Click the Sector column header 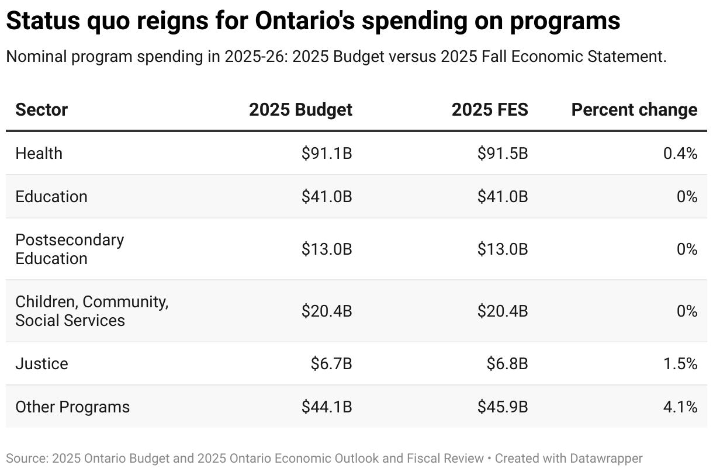41,110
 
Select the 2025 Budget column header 300,110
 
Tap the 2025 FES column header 489,110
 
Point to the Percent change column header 634,110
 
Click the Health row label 39,153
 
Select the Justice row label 41,363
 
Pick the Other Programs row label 72,407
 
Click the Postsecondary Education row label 70,249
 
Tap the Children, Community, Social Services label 91,311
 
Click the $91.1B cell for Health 327,153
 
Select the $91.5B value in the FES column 503,153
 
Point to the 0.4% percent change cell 680,153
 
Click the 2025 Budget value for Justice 331,363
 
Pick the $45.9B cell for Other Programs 503,407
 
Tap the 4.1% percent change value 680,407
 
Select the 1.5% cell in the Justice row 680,363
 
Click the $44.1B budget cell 327,407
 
